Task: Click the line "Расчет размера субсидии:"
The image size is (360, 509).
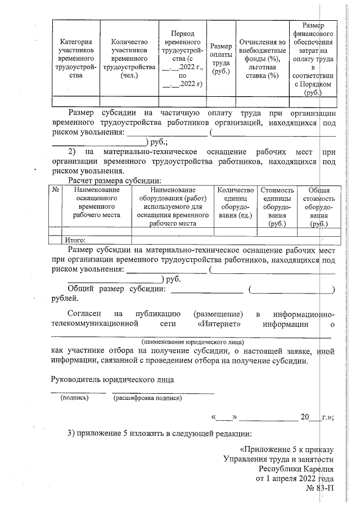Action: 114,181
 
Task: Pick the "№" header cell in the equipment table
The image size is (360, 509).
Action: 56,191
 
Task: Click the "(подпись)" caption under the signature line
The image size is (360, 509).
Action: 74,398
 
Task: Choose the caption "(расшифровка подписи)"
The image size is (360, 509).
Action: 147,398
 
